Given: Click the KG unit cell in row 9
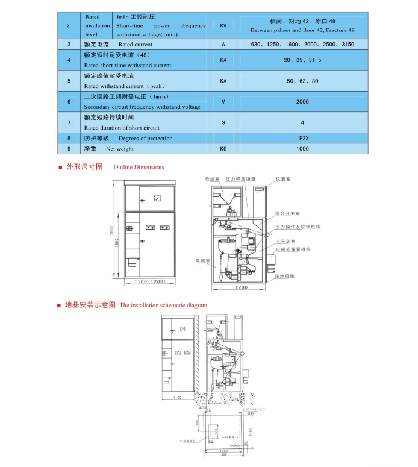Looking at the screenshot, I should (x=223, y=148).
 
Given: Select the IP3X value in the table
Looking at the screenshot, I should (x=302, y=138).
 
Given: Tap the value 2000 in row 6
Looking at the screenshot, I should (x=302, y=102).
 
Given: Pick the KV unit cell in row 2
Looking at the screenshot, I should (x=223, y=26).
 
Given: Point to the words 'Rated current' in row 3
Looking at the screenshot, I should (x=136, y=45).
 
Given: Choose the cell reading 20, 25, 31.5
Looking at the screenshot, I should (x=302, y=60).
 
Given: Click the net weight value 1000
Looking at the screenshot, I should (x=302, y=148).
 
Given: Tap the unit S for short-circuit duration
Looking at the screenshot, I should (x=223, y=122).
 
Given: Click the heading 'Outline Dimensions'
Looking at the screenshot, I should (x=139, y=167).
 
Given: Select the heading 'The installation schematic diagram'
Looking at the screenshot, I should (x=163, y=306).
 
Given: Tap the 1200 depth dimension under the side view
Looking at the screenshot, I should (x=240, y=287).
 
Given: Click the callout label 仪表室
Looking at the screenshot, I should (x=283, y=179).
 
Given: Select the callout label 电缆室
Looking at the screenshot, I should (x=202, y=261).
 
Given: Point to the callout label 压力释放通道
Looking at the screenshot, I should (x=240, y=179).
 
